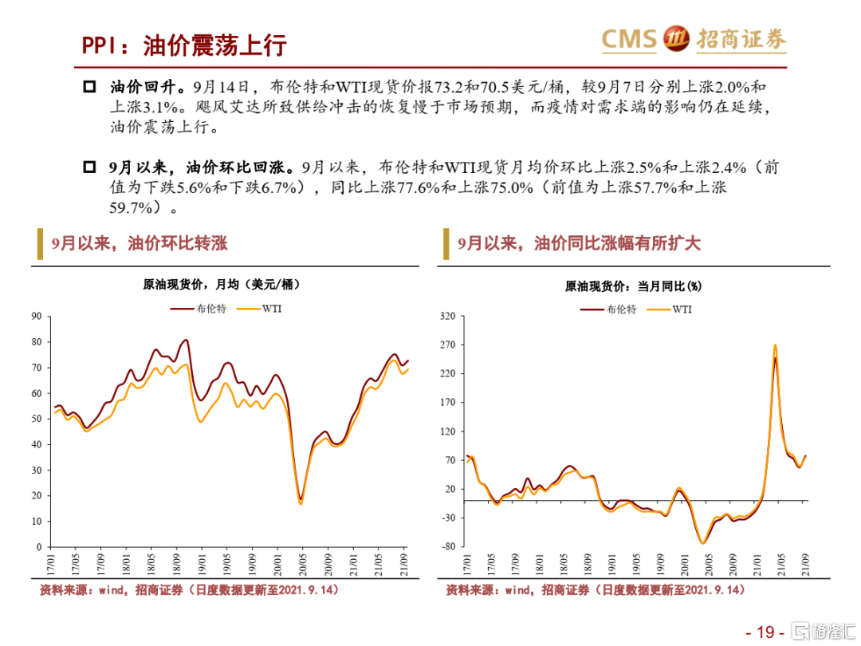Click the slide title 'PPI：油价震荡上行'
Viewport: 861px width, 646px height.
(x=184, y=45)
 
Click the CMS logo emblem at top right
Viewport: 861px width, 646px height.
(x=677, y=38)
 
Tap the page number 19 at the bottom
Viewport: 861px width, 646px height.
(x=765, y=632)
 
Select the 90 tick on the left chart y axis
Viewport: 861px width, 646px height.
(x=36, y=317)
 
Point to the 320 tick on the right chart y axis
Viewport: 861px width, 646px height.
(x=447, y=317)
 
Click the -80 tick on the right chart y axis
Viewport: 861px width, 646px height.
(x=447, y=547)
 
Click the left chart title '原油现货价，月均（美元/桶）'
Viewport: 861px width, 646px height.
(x=216, y=285)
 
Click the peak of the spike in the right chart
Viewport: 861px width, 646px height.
(x=775, y=346)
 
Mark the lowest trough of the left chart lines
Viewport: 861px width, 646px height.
(x=301, y=502)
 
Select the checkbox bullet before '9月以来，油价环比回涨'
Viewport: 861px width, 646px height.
(x=89, y=168)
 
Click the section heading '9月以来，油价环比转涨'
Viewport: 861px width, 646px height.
(x=140, y=244)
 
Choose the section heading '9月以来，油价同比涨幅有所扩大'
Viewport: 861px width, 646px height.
(x=580, y=244)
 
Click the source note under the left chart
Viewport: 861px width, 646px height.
(x=191, y=589)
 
